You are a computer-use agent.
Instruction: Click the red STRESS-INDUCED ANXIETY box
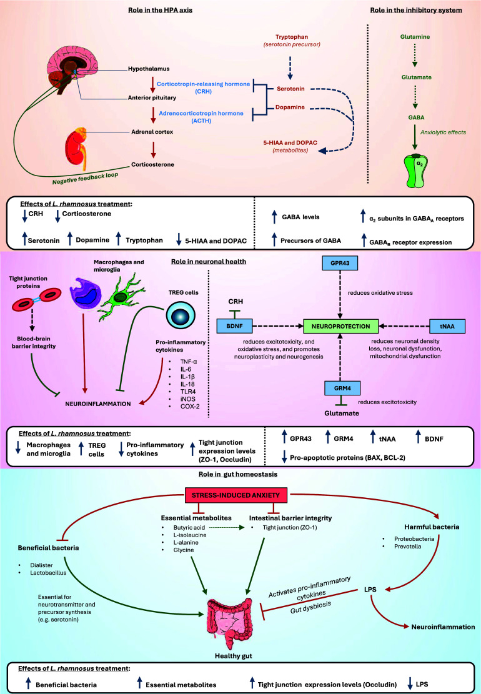click(236, 495)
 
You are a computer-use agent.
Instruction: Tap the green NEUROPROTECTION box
click(340, 326)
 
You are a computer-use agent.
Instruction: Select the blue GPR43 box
click(339, 263)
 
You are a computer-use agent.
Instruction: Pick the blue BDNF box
click(234, 326)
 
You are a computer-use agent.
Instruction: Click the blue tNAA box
click(447, 326)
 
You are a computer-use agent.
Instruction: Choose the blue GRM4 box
click(342, 388)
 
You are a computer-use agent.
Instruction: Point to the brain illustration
click(71, 68)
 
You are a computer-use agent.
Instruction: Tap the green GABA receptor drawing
click(417, 171)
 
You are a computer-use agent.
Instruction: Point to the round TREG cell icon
click(181, 315)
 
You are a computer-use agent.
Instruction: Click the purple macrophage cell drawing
click(86, 292)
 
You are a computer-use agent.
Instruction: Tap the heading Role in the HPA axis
click(160, 10)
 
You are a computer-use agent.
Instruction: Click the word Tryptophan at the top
click(292, 37)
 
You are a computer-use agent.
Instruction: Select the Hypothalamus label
click(149, 69)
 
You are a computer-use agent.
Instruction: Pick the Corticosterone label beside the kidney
click(152, 164)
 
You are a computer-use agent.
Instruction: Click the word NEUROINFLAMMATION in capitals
click(98, 404)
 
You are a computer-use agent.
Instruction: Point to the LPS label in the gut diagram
click(370, 589)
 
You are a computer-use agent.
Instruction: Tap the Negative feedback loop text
click(86, 179)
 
